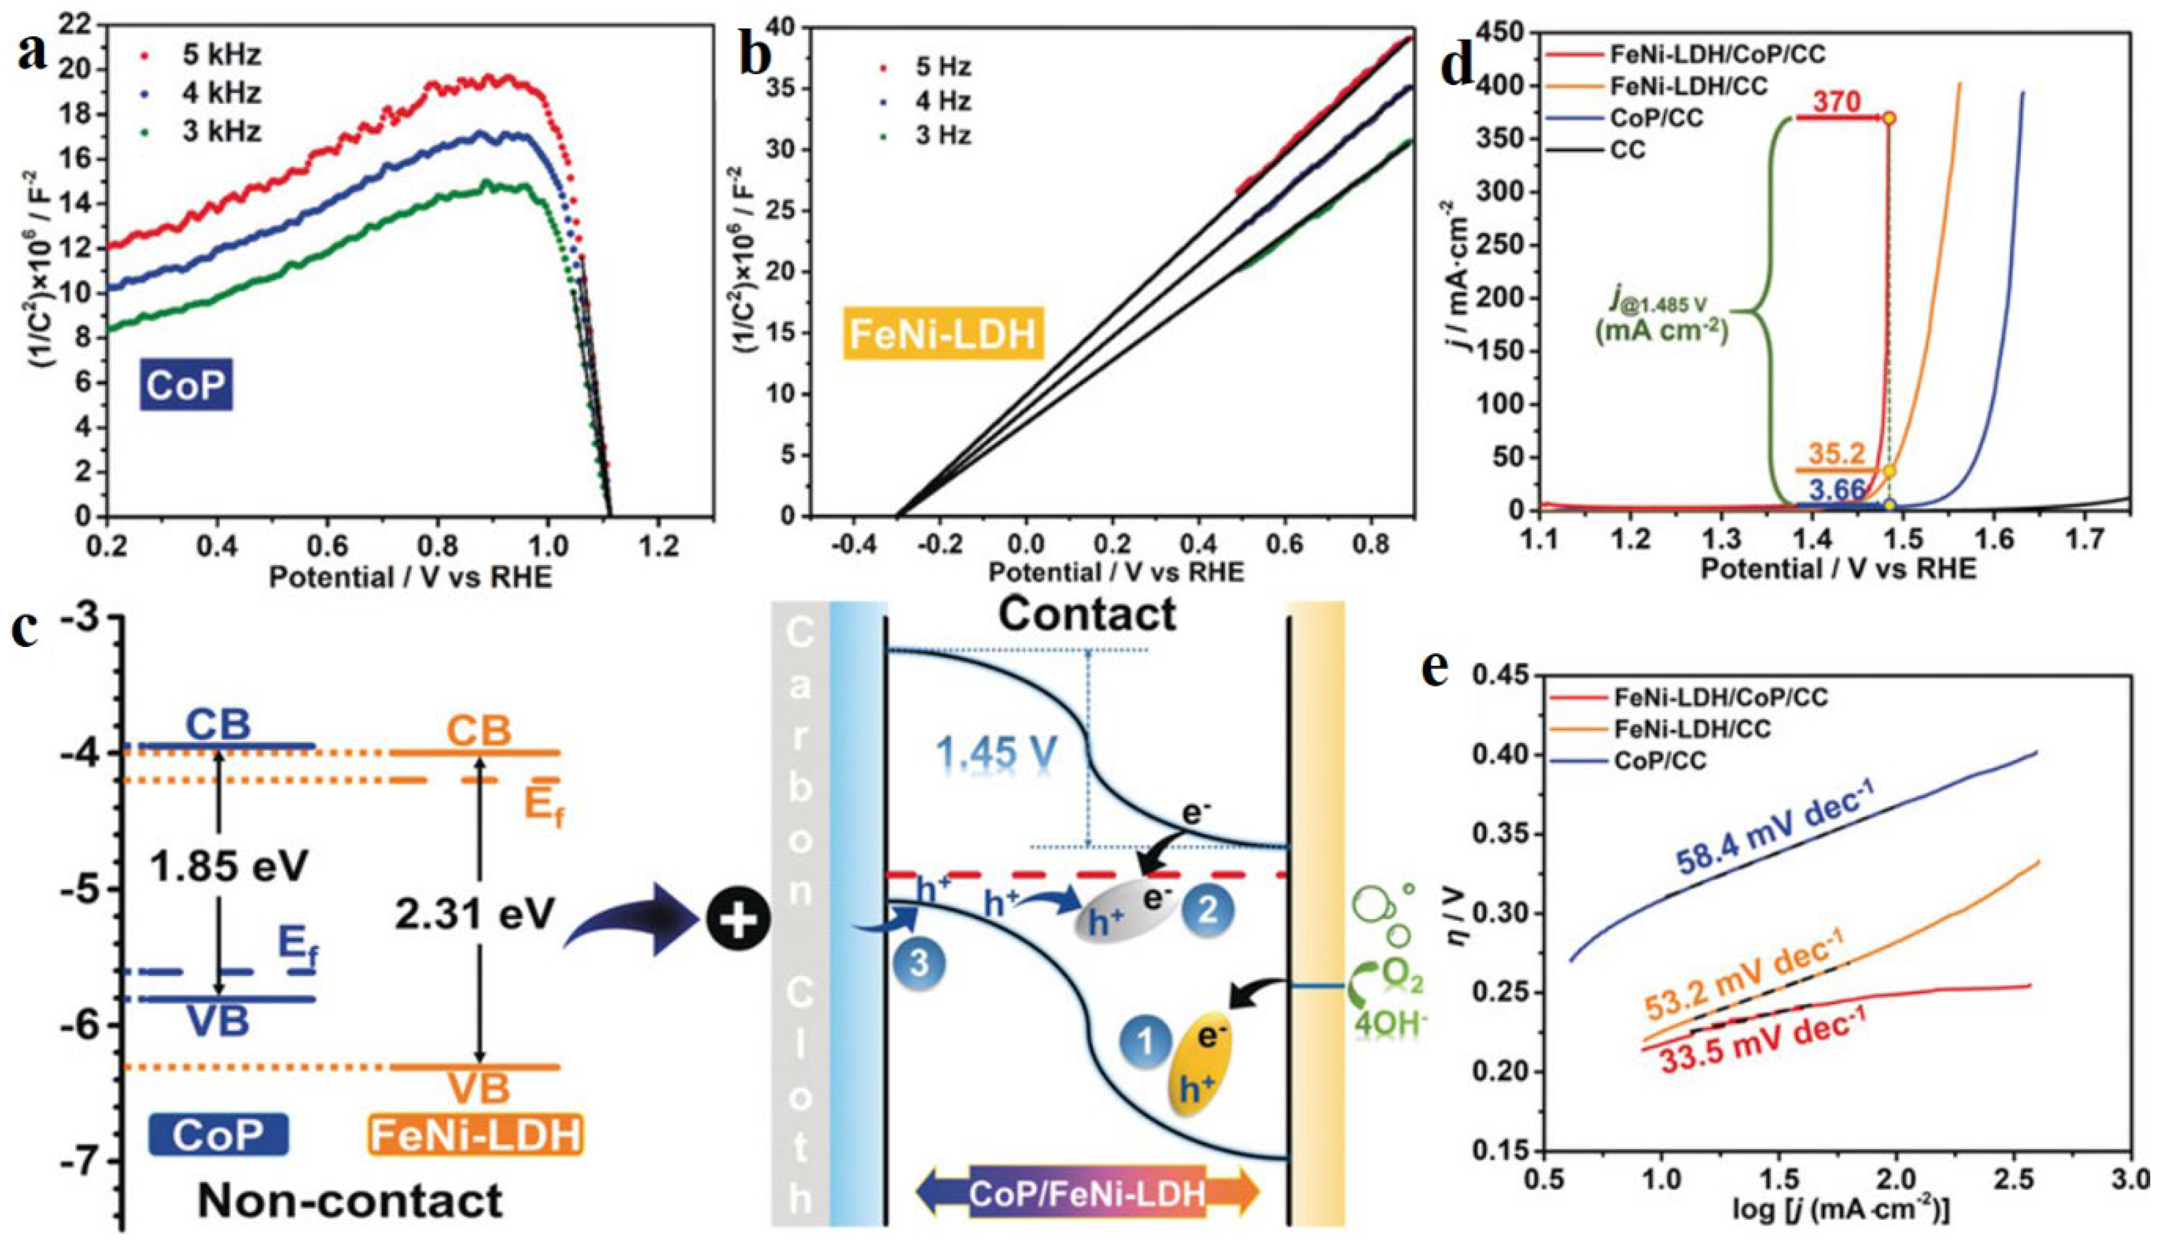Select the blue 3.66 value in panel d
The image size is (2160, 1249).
pos(1837,489)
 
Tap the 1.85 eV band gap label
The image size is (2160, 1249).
pos(228,867)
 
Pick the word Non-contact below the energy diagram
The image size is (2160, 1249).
pos(350,1201)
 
